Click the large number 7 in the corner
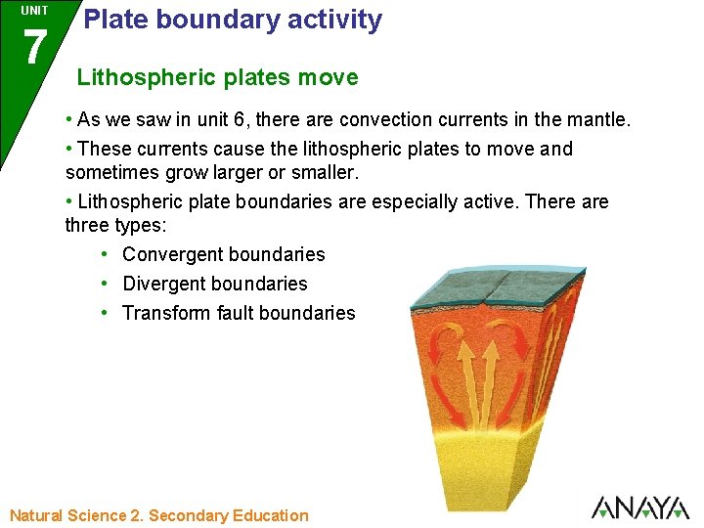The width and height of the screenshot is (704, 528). (34, 47)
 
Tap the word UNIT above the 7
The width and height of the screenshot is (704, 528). (34, 11)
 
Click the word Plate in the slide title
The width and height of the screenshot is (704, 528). (112, 20)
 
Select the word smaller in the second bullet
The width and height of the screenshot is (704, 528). (325, 172)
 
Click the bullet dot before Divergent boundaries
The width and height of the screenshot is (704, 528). (104, 284)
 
